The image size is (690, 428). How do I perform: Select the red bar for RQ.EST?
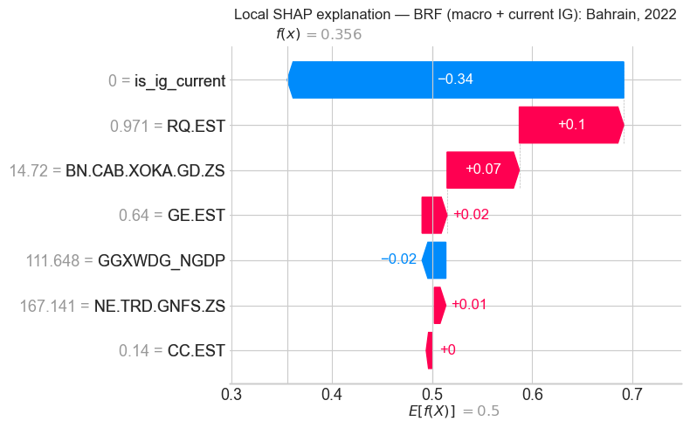click(x=558, y=125)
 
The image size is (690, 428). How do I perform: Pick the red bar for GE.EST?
click(x=434, y=215)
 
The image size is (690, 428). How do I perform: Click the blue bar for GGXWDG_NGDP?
click(x=435, y=259)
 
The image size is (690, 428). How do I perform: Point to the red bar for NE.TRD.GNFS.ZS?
click(x=439, y=305)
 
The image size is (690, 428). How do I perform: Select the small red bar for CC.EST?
click(x=429, y=349)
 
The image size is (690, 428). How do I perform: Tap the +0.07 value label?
click(x=483, y=169)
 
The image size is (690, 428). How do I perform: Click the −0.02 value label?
click(x=398, y=259)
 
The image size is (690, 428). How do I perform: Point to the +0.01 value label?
click(x=469, y=305)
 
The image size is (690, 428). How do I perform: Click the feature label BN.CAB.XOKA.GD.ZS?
click(x=145, y=170)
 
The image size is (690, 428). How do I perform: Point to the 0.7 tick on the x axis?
click(x=632, y=395)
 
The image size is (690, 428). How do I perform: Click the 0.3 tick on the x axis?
click(x=231, y=395)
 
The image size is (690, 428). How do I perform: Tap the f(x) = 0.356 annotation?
click(x=318, y=34)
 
